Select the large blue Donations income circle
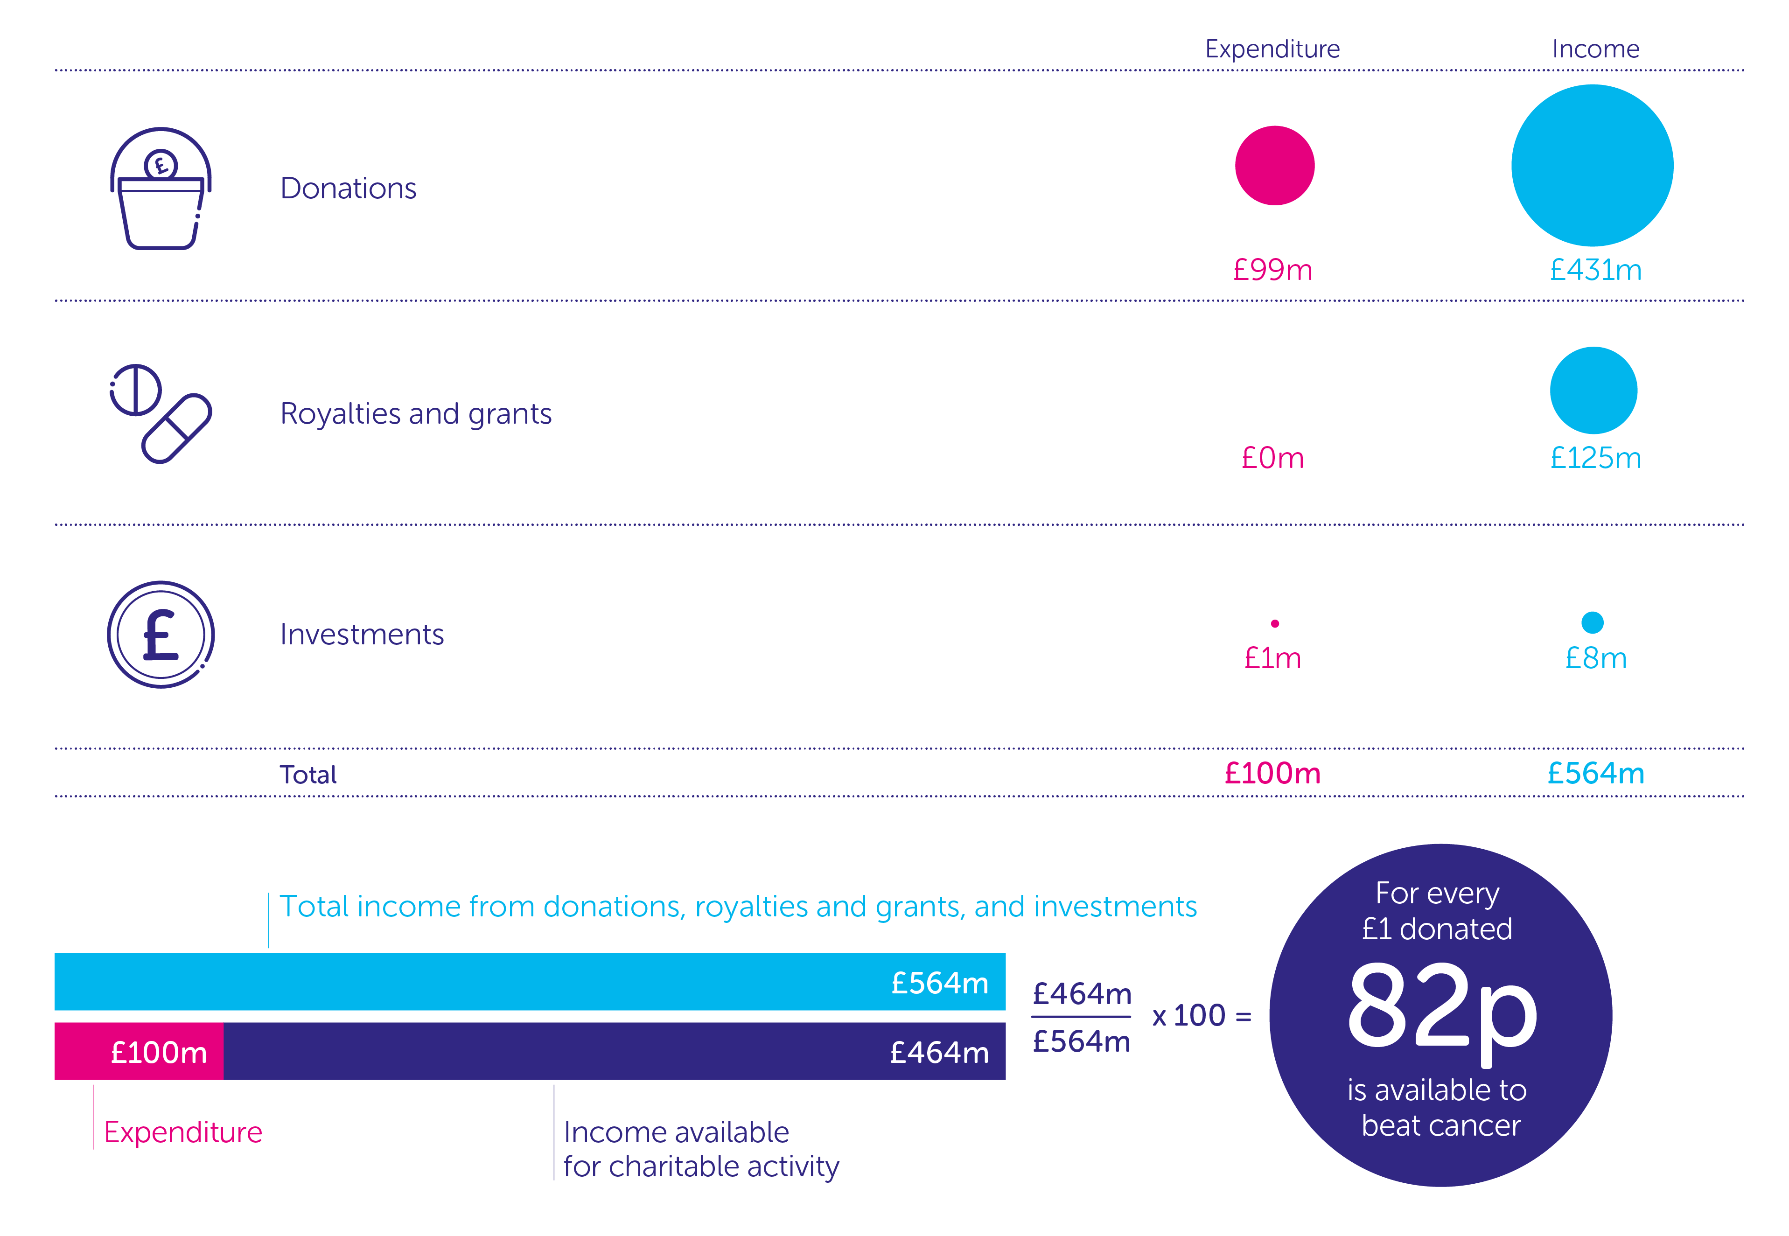pos(1592,166)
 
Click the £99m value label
pos(1272,270)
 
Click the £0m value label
pos(1272,458)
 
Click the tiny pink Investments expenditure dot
pos(1275,623)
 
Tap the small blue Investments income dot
pos(1592,622)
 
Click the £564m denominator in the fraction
pos(1081,1041)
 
